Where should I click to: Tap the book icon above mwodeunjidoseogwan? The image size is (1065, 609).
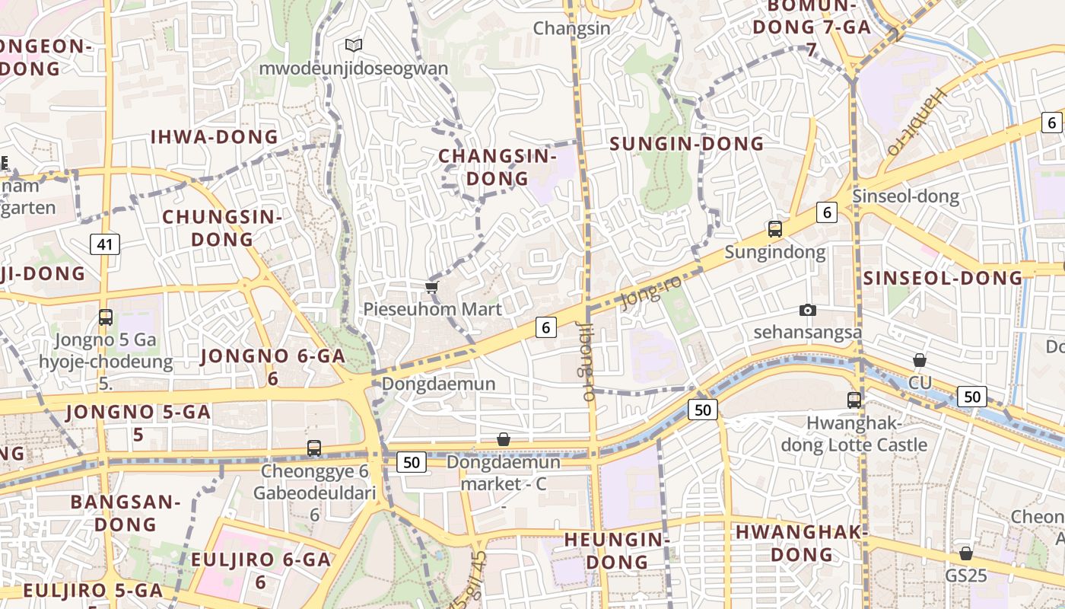(353, 45)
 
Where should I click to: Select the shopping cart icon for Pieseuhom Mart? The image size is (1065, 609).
(431, 287)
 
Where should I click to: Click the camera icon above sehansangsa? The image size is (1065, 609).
(807, 310)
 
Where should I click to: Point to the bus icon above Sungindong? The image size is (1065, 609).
(774, 228)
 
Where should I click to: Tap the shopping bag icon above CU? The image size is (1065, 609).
(919, 360)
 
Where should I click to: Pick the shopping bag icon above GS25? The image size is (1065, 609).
(965, 553)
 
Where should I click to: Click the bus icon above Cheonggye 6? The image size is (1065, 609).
(314, 448)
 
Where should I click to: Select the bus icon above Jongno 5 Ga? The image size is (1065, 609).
(106, 317)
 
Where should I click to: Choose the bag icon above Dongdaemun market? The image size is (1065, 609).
(503, 439)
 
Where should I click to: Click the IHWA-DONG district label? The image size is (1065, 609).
(215, 137)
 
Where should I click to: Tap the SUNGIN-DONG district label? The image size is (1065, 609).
(687, 144)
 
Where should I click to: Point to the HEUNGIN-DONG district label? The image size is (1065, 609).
(616, 551)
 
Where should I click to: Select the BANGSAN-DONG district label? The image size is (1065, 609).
(126, 513)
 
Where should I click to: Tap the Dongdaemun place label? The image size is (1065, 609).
(438, 384)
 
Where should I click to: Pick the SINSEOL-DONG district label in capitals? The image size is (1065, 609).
(943, 278)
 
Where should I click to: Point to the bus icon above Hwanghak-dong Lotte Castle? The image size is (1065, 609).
(854, 400)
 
